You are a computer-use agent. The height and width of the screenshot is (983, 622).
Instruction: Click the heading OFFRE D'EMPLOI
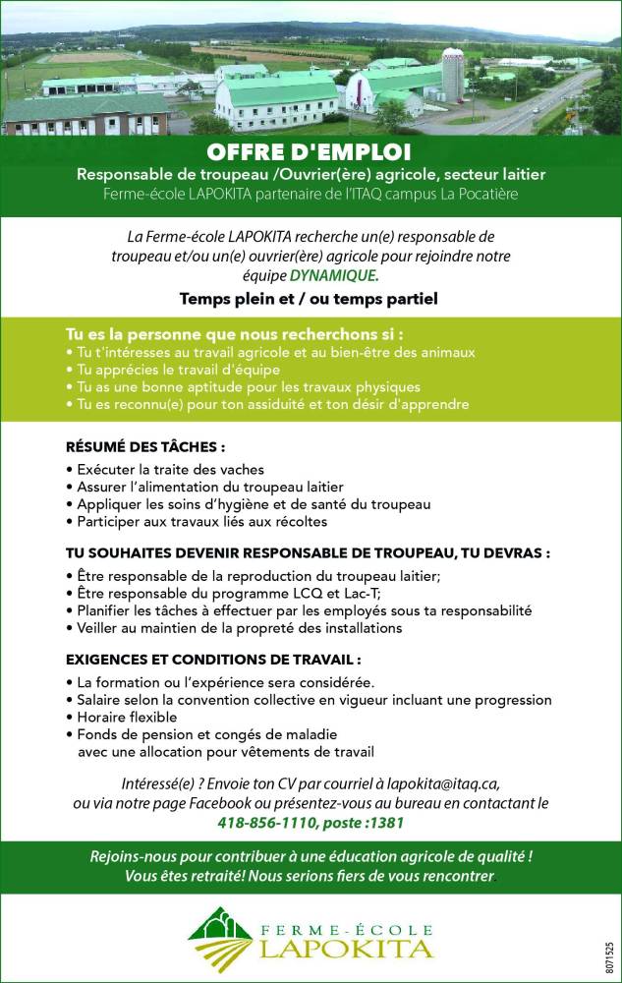(x=310, y=153)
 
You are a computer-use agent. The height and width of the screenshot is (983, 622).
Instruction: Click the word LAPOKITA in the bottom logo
(x=346, y=949)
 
